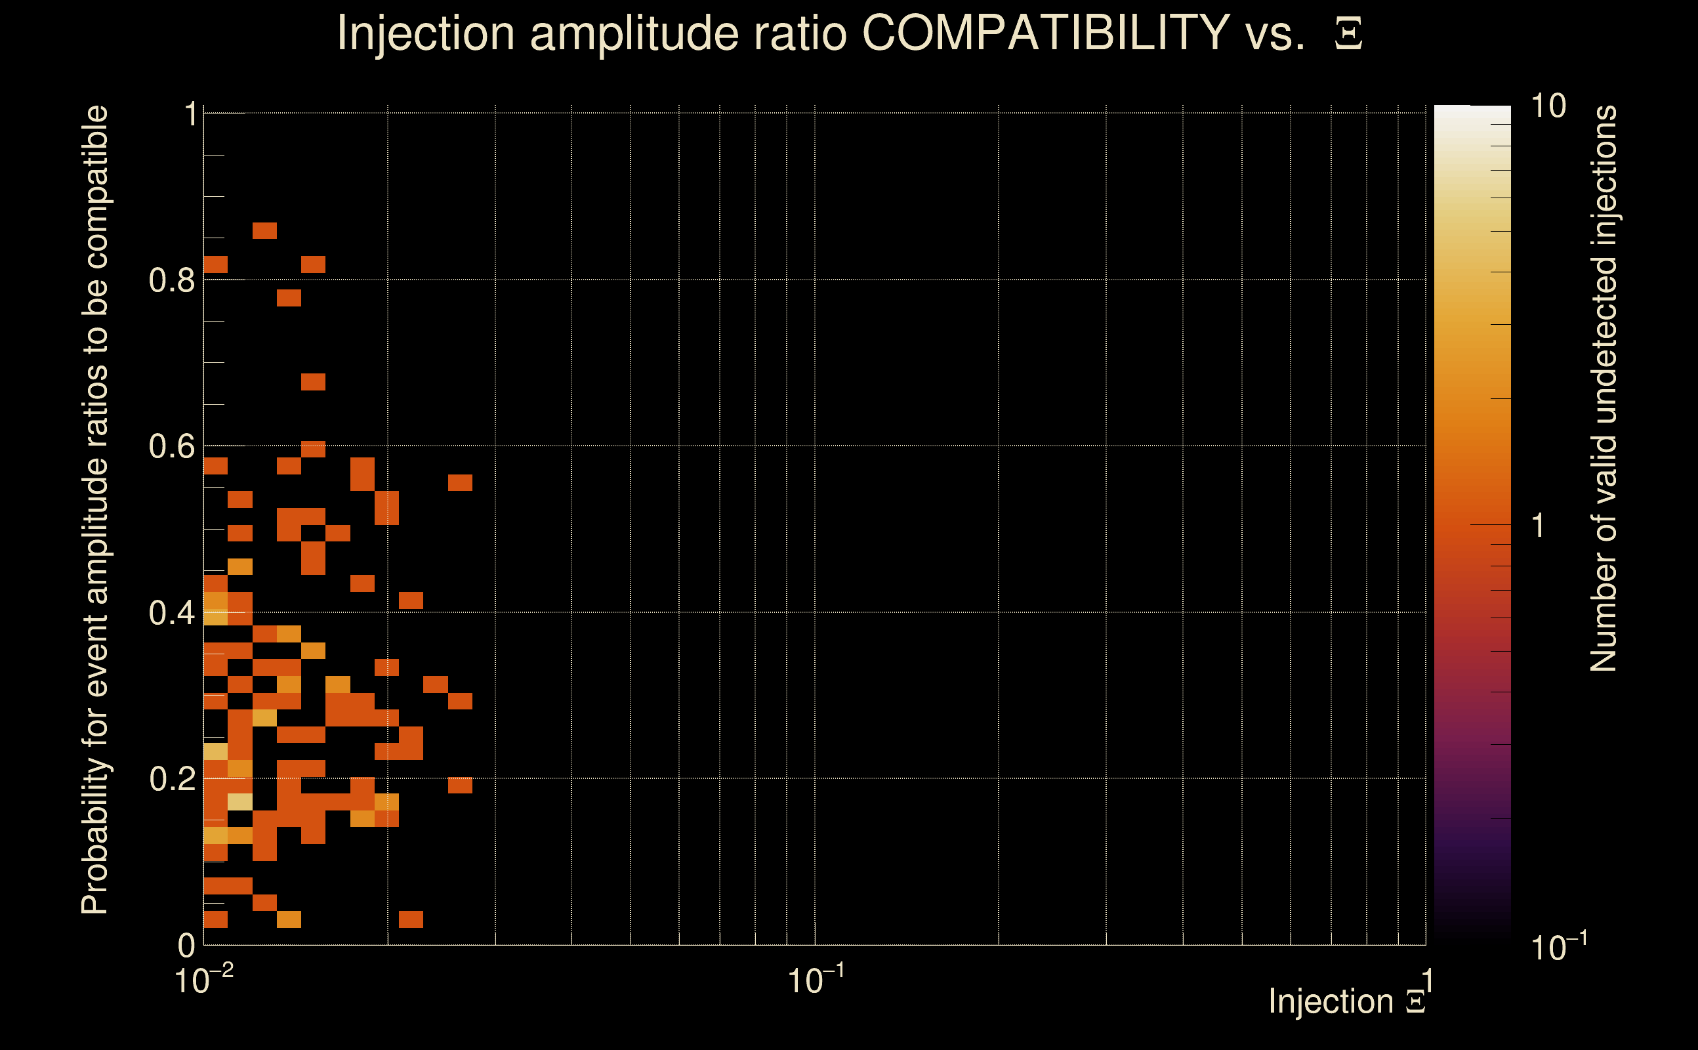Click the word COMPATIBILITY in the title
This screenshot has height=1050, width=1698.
pos(1045,33)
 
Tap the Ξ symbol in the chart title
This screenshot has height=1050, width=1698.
pos(1348,34)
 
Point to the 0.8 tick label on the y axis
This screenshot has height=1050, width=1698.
pos(172,281)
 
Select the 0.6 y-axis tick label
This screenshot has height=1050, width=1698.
pos(172,446)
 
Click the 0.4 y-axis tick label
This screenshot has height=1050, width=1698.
pos(172,613)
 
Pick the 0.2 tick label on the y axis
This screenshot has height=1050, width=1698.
pos(172,779)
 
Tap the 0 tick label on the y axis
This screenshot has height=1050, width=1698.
pos(187,945)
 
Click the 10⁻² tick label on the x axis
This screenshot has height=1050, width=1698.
pos(203,980)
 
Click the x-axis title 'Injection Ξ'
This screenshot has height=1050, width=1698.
pos(1347,1001)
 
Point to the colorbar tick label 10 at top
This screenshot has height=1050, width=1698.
pos(1548,106)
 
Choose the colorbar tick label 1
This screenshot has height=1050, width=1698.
pos(1539,526)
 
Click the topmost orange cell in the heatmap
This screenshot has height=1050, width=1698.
pos(264,230)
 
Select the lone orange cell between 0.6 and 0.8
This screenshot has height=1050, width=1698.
pos(313,382)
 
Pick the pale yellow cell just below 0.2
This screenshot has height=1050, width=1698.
pos(240,802)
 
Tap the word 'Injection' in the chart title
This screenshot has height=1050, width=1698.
pos(426,33)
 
